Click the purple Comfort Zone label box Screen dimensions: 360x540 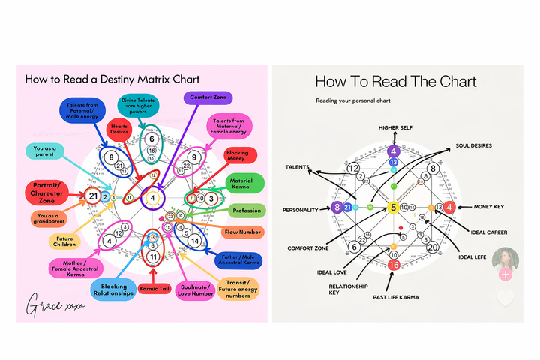click(207, 97)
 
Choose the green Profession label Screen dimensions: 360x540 click(245, 211)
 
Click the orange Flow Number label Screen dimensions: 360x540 click(243, 232)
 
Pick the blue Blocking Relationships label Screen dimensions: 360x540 click(114, 289)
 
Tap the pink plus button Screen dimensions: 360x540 click(505, 274)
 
